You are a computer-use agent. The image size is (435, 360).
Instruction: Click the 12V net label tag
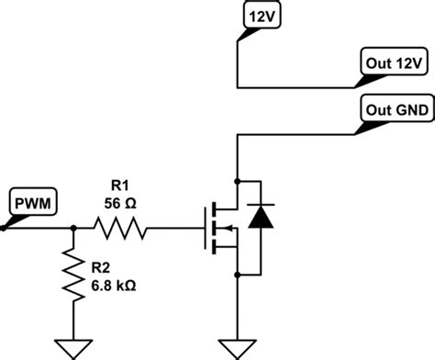pos(254,16)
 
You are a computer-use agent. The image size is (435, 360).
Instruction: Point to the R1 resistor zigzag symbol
pos(118,228)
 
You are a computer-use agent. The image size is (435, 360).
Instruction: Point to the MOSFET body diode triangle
pos(261,218)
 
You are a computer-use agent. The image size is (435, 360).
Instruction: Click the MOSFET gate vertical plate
pos(204,228)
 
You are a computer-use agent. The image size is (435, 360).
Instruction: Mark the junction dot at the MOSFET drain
pos(238,180)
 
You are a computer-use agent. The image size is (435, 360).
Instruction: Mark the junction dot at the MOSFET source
pos(238,273)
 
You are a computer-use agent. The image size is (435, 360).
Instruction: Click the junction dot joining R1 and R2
pos(71,228)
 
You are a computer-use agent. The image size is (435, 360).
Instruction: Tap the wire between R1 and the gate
pos(174,228)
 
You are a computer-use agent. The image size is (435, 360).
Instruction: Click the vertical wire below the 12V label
pos(238,60)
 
